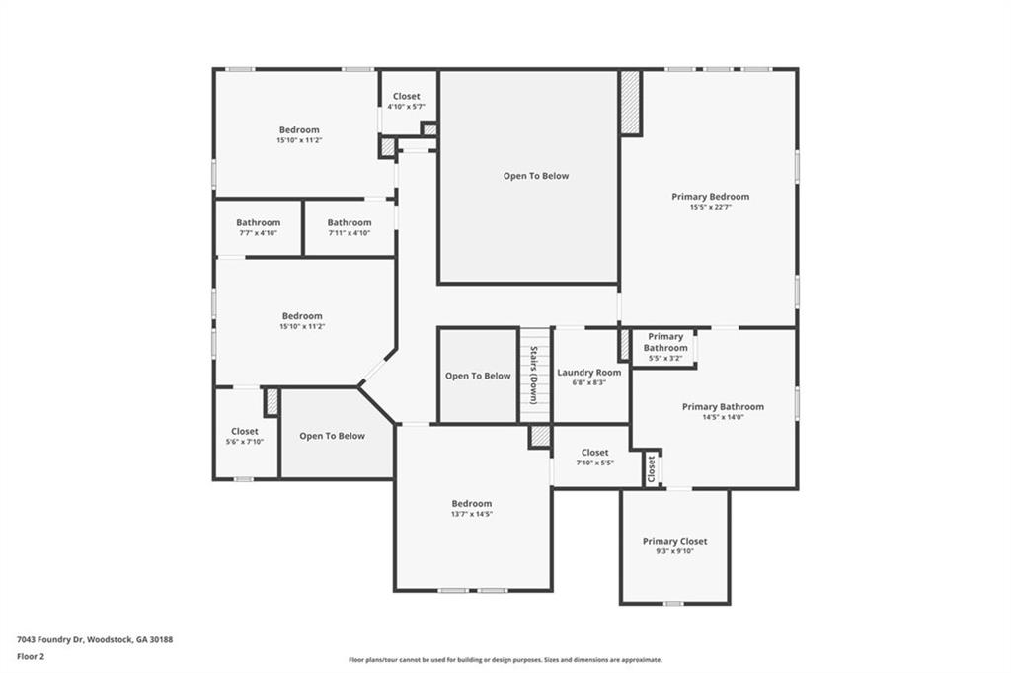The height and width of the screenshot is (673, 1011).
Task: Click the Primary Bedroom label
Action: click(x=710, y=197)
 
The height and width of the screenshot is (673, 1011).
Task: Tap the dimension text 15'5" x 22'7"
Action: click(x=710, y=207)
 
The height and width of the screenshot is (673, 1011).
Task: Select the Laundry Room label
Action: click(x=589, y=373)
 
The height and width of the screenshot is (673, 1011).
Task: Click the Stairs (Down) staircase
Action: click(x=534, y=375)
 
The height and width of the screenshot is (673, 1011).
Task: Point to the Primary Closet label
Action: click(x=674, y=542)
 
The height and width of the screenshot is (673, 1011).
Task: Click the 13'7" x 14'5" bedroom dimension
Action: click(x=472, y=514)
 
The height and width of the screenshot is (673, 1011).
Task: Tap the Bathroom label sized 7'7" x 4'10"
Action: click(x=258, y=223)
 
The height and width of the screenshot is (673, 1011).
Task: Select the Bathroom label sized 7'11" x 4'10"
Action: click(x=350, y=223)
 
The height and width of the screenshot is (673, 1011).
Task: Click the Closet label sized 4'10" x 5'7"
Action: click(x=406, y=97)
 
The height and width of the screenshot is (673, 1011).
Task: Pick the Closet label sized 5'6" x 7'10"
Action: click(x=245, y=432)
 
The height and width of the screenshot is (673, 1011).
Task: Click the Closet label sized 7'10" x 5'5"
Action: click(x=594, y=453)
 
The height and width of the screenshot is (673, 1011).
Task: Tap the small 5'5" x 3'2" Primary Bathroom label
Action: click(x=665, y=342)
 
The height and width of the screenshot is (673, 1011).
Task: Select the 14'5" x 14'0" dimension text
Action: click(x=723, y=417)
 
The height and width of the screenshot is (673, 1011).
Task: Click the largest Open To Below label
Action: click(x=536, y=176)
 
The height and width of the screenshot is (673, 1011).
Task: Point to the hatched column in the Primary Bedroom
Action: click(x=630, y=103)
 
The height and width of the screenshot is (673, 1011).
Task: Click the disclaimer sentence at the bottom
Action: click(x=505, y=660)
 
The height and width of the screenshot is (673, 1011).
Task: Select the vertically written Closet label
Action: click(x=652, y=469)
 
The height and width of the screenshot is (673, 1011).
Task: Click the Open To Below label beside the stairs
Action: click(x=478, y=376)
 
